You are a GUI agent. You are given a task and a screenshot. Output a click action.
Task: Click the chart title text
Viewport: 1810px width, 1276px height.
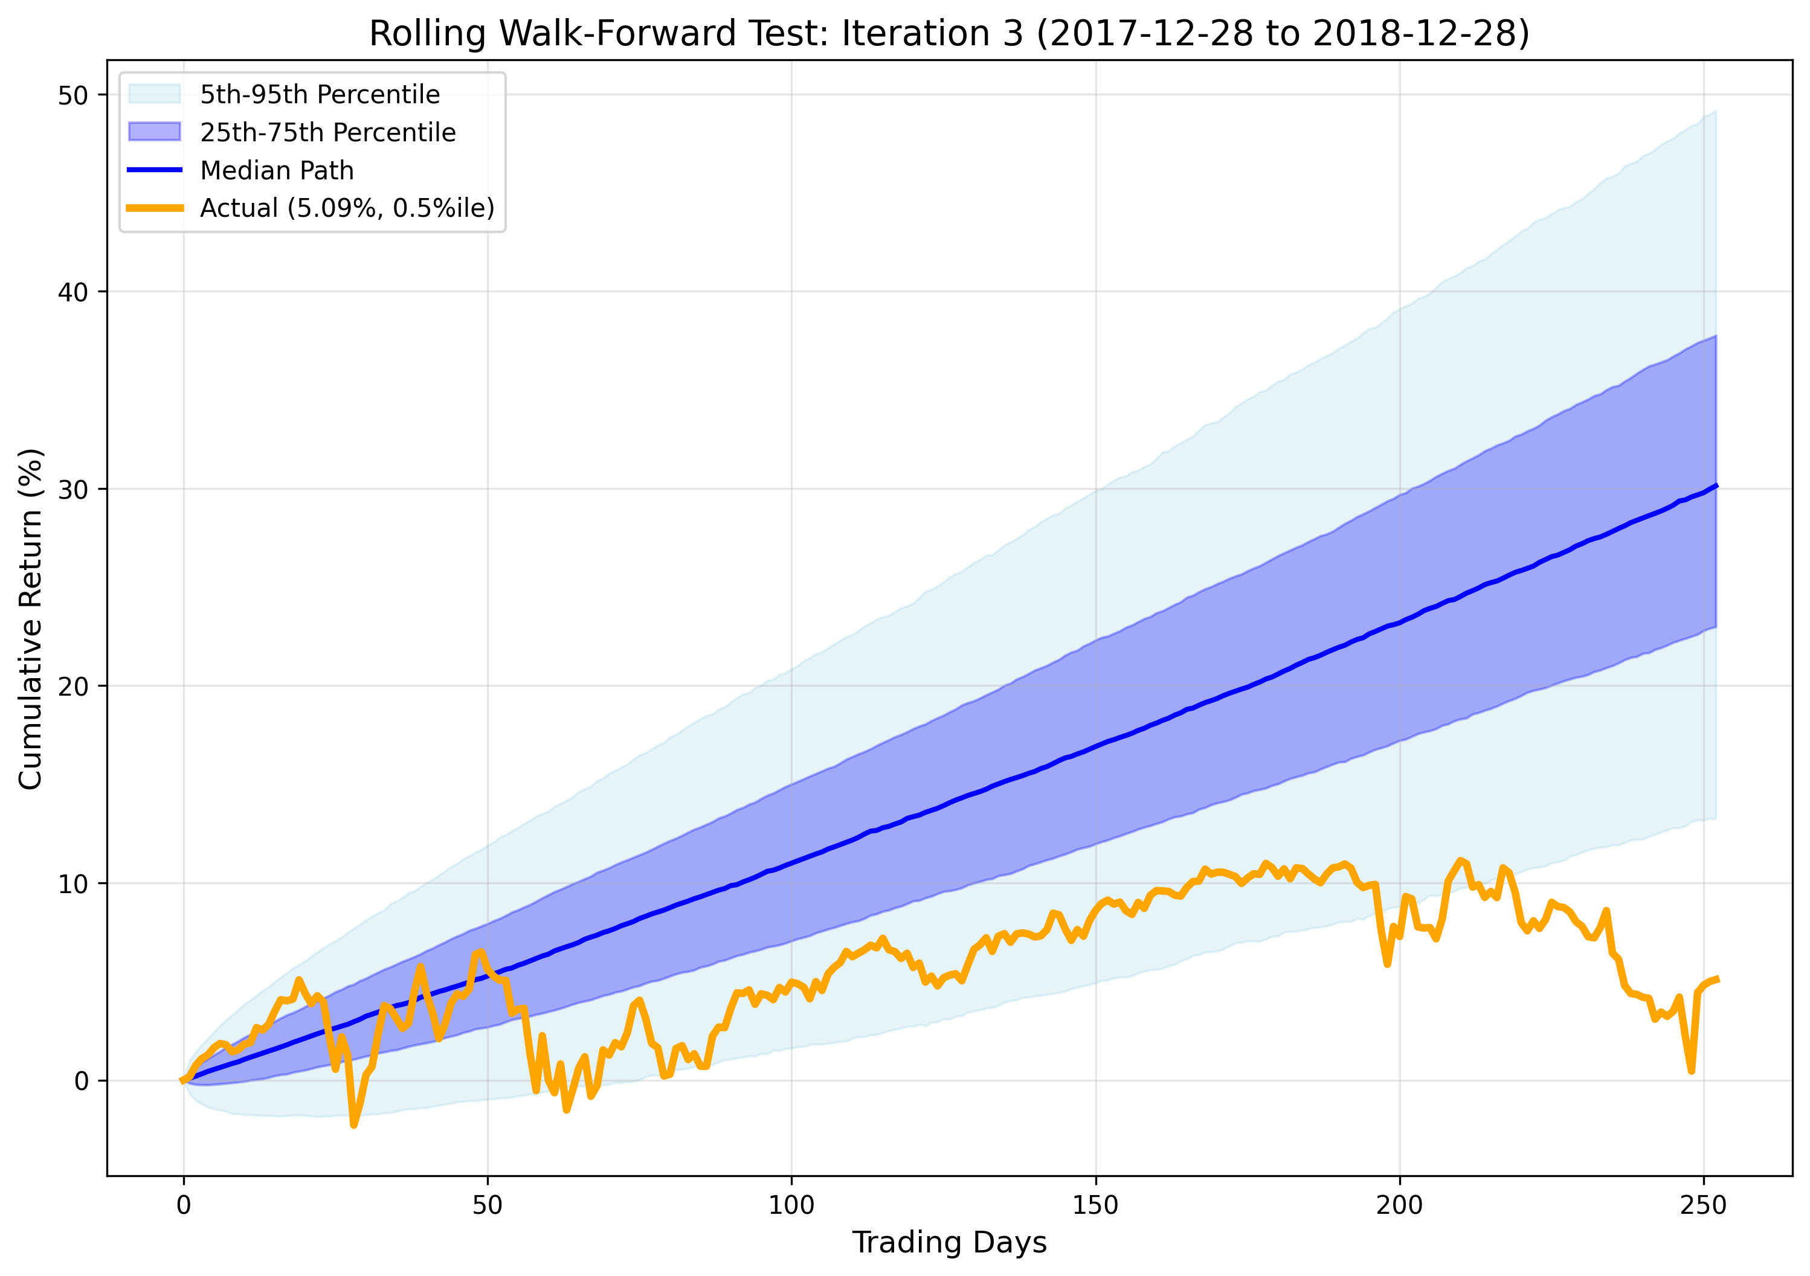click(x=949, y=33)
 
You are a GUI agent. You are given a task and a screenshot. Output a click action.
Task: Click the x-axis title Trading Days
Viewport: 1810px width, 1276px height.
click(x=949, y=1242)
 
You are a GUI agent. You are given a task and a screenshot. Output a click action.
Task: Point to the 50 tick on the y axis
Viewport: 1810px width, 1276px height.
click(x=72, y=95)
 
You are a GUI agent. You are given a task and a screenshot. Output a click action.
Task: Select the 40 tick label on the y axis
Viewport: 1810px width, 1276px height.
click(x=72, y=292)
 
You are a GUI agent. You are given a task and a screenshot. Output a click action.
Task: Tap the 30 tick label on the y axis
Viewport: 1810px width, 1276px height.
click(x=72, y=489)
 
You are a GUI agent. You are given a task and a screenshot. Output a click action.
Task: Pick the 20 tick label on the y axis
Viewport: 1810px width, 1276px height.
click(x=72, y=687)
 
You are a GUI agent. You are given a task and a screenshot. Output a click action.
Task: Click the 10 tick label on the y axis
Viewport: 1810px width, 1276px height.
click(x=72, y=883)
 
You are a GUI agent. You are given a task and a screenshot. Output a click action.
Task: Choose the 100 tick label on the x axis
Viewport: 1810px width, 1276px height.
click(x=791, y=1205)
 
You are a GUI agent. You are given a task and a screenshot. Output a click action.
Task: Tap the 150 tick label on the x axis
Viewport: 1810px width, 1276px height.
click(x=1095, y=1205)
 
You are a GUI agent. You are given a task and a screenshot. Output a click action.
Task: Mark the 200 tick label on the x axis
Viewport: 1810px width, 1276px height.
click(x=1399, y=1205)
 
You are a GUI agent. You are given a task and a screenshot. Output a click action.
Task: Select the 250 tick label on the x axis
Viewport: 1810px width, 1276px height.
click(x=1704, y=1205)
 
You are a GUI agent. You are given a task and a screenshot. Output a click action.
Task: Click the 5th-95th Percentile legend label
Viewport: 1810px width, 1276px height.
click(x=319, y=95)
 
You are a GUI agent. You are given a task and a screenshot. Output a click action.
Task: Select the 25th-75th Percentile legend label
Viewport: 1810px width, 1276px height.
click(x=327, y=132)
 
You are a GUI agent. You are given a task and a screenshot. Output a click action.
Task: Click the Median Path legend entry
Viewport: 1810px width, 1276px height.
click(x=277, y=170)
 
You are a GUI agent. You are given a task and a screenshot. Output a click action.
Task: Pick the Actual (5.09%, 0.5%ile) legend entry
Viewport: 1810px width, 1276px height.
click(x=347, y=208)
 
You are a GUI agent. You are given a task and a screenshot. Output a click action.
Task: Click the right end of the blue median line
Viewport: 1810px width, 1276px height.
click(x=1715, y=486)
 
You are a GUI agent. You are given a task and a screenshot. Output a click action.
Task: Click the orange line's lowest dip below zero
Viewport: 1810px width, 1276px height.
click(x=354, y=1124)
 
